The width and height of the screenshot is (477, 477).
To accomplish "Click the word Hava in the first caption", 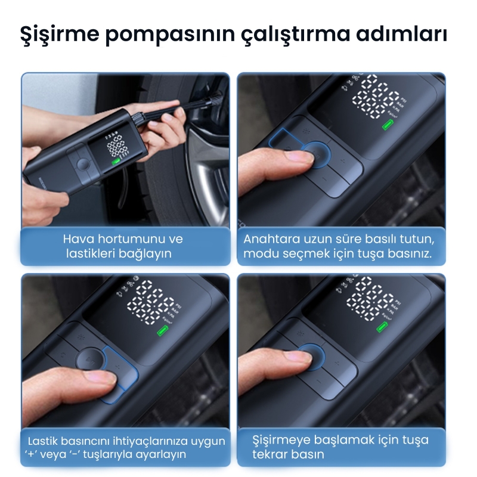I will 76,239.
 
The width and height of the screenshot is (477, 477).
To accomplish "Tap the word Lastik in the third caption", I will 44,441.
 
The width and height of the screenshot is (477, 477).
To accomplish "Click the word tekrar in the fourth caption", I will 270,454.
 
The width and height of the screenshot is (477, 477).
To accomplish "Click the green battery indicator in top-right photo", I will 388,126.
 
